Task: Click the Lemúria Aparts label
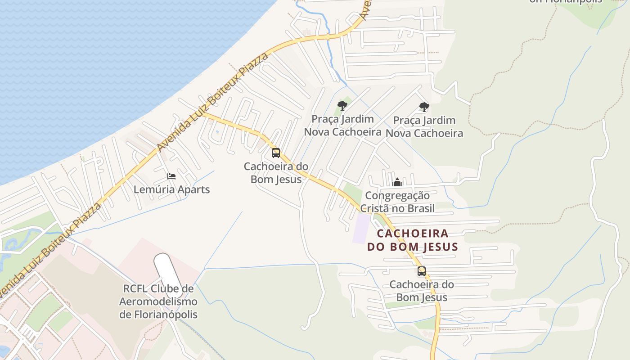(171, 189)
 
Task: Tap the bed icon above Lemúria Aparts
(171, 176)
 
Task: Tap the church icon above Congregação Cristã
(397, 182)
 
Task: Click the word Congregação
(397, 196)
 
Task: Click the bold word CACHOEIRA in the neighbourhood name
(413, 234)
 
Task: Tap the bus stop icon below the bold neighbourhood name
(421, 271)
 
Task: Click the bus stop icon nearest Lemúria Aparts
(275, 153)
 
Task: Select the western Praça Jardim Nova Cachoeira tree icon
(342, 106)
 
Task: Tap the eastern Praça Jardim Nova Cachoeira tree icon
(424, 107)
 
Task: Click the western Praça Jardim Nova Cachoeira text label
(343, 126)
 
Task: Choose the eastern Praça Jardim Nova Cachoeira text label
(424, 127)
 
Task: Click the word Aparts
(193, 189)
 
